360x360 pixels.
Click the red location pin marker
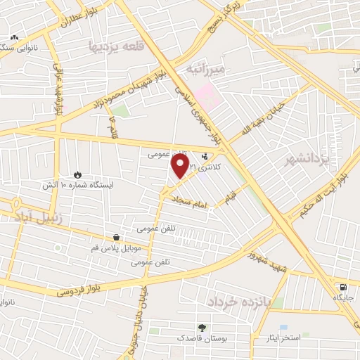(181, 166)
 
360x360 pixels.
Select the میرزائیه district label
(205, 69)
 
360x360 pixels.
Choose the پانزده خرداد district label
(245, 301)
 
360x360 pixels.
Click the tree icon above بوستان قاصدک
(202, 327)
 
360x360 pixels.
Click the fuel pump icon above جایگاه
(343, 287)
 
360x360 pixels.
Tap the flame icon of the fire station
(77, 174)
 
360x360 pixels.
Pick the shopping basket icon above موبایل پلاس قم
(116, 238)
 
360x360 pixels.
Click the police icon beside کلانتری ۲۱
(205, 157)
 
